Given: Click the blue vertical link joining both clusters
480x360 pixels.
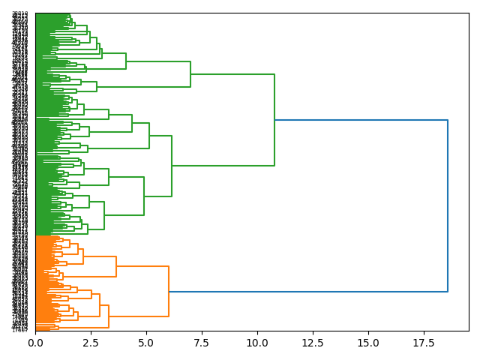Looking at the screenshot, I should pos(448,205).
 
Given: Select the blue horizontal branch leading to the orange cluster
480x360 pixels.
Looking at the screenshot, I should pos(307,291).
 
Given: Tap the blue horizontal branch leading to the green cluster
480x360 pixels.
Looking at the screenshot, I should pos(360,120).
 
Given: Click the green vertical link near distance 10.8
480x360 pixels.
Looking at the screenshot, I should pos(274,120).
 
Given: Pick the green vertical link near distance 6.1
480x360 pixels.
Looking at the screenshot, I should pos(172,166).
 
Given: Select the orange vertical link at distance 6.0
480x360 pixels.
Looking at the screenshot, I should pos(169,291).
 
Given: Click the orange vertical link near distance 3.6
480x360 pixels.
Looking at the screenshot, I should pos(116,267).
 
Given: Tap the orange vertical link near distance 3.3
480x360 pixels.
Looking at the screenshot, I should pos(109,316).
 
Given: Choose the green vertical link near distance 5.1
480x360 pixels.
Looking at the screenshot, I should pos(149,136).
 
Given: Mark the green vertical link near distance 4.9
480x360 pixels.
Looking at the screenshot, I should pos(144,196).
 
